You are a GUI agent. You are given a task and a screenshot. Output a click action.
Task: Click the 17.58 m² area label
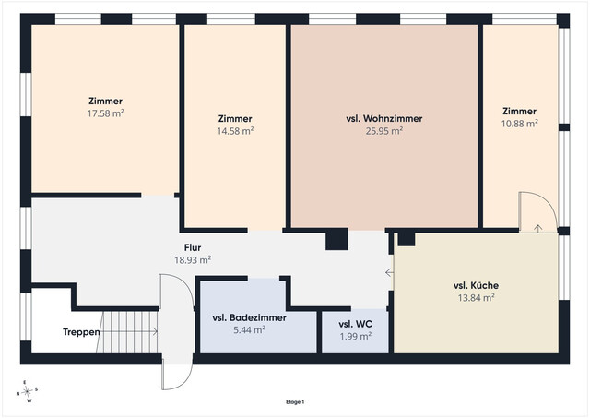pyautogui.click(x=105, y=113)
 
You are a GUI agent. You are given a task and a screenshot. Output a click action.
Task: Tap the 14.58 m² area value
pyautogui.click(x=235, y=131)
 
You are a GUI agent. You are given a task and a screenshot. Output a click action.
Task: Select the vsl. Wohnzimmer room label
pyautogui.click(x=384, y=119)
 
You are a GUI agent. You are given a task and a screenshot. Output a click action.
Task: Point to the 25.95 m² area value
pyautogui.click(x=384, y=131)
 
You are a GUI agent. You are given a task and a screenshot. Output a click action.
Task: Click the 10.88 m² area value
pyautogui.click(x=519, y=124)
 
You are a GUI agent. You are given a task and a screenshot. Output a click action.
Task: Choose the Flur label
pyautogui.click(x=193, y=247)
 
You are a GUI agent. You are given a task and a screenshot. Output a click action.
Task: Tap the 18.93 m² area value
pyautogui.click(x=193, y=260)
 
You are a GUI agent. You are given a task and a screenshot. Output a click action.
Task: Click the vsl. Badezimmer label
pyautogui.click(x=250, y=317)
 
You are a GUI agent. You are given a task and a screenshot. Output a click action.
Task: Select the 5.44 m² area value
pyautogui.click(x=250, y=330)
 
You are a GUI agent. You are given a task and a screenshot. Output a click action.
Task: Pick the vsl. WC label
pyautogui.click(x=355, y=324)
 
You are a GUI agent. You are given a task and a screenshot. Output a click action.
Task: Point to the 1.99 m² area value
pyautogui.click(x=355, y=336)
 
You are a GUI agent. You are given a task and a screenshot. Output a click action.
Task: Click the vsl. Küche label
pyautogui.click(x=476, y=285)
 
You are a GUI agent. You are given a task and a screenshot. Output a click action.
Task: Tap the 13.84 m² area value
pyautogui.click(x=476, y=298)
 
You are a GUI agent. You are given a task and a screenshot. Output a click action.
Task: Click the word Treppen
pyautogui.click(x=81, y=332)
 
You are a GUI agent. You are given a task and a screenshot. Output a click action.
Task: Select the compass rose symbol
pyautogui.click(x=27, y=392)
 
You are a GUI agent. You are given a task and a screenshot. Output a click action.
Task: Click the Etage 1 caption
pyautogui.click(x=295, y=402)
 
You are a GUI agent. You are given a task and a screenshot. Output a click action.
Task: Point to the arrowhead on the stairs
pyautogui.click(x=155, y=331)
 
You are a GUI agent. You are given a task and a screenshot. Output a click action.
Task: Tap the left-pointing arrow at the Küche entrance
pyautogui.click(x=389, y=272)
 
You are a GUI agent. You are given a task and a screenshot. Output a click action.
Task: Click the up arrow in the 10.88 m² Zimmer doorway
pyautogui.click(x=538, y=228)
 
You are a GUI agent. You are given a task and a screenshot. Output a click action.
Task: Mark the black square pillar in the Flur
pyautogui.click(x=336, y=239)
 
